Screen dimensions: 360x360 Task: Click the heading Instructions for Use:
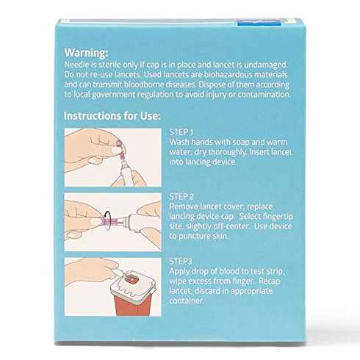click(112, 116)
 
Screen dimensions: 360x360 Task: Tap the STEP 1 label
click(183, 132)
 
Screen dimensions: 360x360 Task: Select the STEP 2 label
click(184, 196)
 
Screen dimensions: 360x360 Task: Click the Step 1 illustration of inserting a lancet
click(112, 156)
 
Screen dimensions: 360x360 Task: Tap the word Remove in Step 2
click(186, 206)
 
